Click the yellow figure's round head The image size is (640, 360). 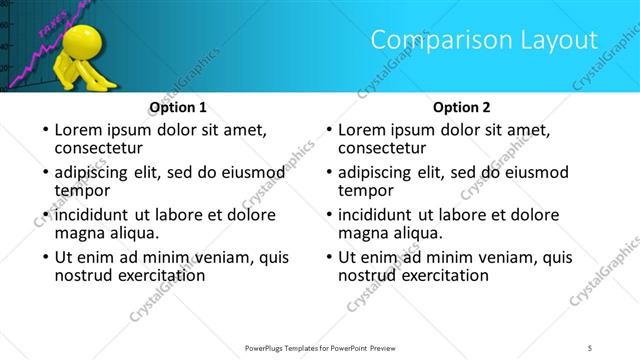coord(79,42)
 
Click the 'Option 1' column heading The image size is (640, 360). coord(178,107)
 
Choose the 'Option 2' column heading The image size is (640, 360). coord(462,107)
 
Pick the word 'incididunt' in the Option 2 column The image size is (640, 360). coord(381,215)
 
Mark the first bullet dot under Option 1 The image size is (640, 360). coord(44,131)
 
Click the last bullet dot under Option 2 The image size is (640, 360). coord(328,258)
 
